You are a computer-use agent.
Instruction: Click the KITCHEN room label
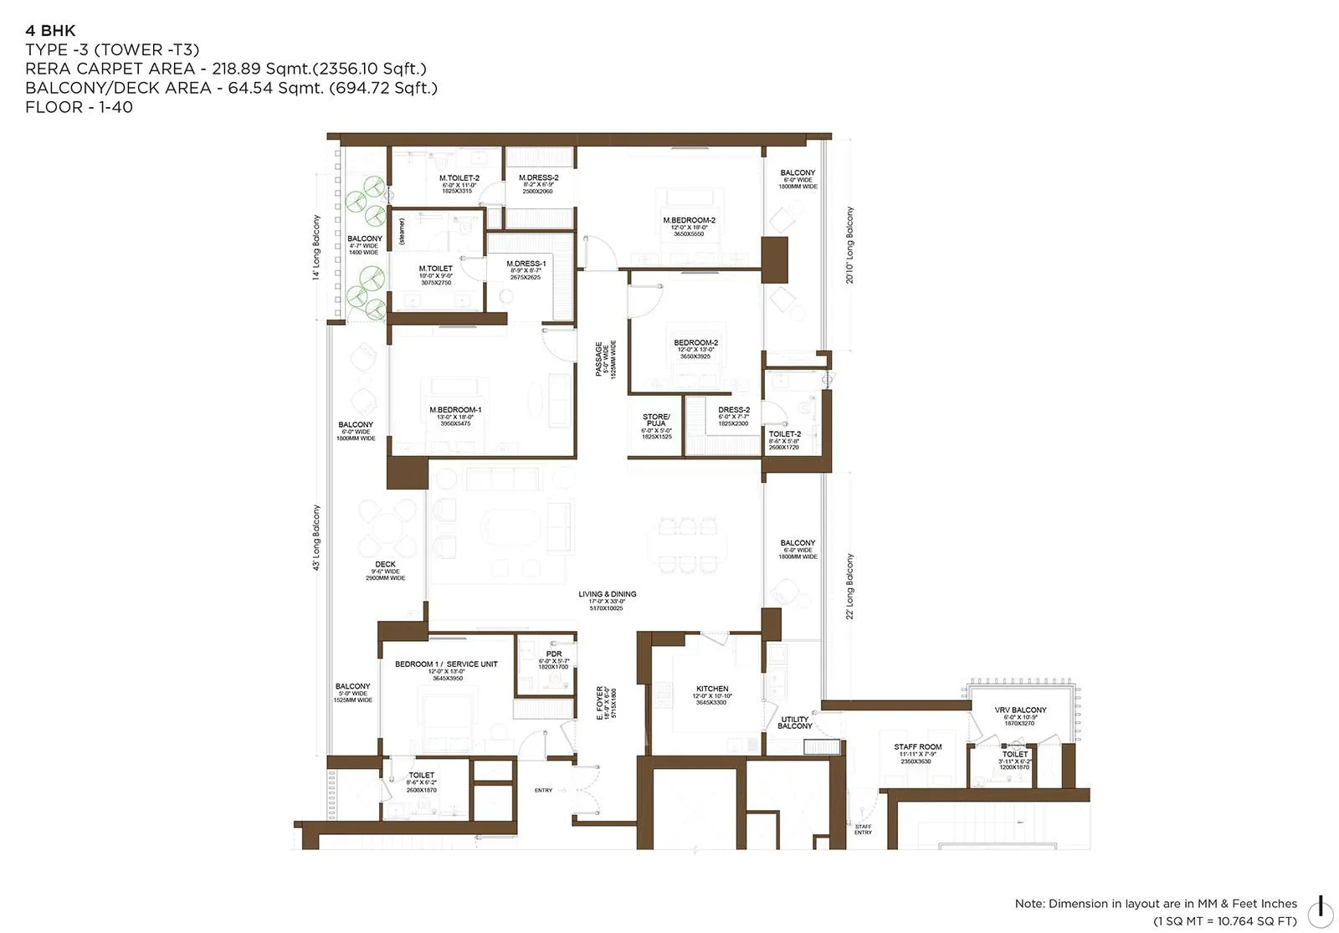[x=711, y=689]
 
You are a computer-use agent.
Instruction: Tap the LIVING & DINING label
[x=607, y=594]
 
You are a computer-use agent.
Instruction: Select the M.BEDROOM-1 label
[x=455, y=410]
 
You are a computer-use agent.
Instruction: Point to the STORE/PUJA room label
[x=655, y=420]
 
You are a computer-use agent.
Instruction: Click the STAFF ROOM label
[x=917, y=746]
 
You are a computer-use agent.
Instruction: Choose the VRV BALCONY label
[x=1019, y=710]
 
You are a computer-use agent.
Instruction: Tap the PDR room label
[x=553, y=654]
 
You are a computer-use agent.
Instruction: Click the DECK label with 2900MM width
[x=385, y=565]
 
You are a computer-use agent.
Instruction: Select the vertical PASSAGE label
[x=599, y=359]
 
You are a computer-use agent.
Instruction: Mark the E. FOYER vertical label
[x=600, y=704]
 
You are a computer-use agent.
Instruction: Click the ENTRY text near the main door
[x=543, y=791]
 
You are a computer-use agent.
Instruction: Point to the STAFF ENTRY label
[x=862, y=829]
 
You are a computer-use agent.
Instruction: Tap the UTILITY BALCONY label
[x=794, y=723]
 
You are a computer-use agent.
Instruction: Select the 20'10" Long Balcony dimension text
[x=850, y=245]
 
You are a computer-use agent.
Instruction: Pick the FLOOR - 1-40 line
[x=79, y=107]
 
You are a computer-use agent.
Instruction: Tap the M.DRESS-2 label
[x=538, y=177]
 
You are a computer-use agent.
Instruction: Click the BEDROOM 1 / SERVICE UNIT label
[x=446, y=664]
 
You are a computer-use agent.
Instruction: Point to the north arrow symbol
[x=1320, y=906]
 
